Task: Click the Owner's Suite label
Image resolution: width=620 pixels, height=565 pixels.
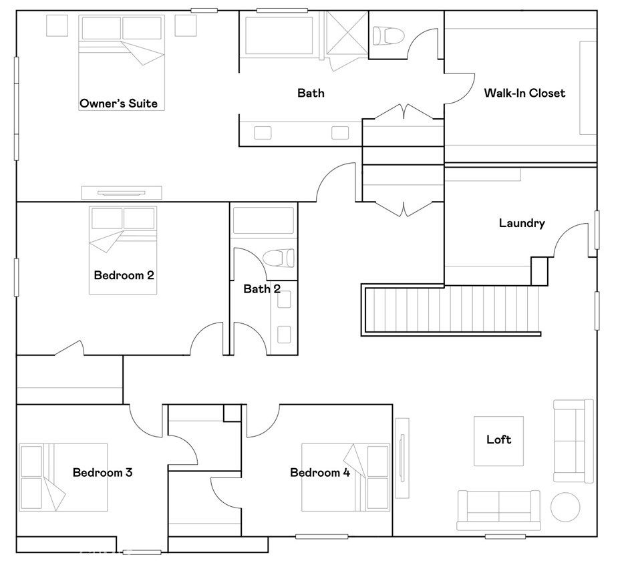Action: coord(119,104)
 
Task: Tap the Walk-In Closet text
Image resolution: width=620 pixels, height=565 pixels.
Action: coord(524,93)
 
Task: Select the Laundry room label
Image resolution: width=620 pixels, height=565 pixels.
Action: coord(522,223)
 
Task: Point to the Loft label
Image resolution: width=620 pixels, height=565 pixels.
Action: coord(498,439)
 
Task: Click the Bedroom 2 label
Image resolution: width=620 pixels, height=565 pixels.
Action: coord(124,275)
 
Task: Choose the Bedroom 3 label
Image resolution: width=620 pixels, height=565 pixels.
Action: coord(102,472)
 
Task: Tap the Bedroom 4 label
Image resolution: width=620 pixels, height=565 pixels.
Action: coord(320,472)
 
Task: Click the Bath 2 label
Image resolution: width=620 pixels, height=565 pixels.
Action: coord(262,289)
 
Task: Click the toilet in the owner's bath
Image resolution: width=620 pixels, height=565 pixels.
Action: coord(389,35)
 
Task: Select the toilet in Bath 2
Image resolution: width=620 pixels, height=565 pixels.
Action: coord(279,258)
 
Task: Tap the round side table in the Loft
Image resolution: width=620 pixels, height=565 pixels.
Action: coord(565,507)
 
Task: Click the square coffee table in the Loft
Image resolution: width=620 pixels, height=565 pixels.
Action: coord(498,441)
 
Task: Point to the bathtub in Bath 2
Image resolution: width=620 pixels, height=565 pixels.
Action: coord(263,220)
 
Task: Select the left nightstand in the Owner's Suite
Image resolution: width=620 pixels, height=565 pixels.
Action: coord(57,25)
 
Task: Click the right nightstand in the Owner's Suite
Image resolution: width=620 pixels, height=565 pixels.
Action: coord(186,25)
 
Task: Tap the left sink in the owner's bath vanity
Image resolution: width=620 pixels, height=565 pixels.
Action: coord(263,133)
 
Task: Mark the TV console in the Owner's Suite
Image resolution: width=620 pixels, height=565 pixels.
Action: coord(122,193)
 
